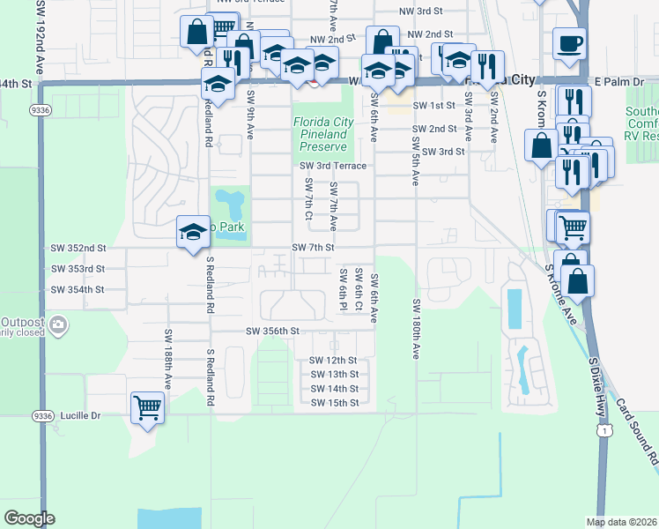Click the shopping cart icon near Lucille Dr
point(148,407)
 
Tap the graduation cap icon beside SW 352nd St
point(193,233)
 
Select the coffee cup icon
point(569,43)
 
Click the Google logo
point(29,518)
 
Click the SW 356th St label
point(273,331)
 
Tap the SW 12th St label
point(333,361)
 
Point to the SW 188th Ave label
point(167,355)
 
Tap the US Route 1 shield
point(603,429)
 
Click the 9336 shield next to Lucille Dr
point(42,414)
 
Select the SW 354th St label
point(78,289)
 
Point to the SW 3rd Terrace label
point(332,166)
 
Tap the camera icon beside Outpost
point(59,326)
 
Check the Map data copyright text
point(621,522)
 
